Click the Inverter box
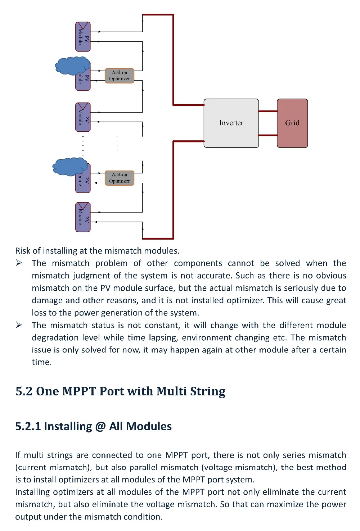pyautogui.click(x=231, y=123)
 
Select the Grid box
pyautogui.click(x=292, y=123)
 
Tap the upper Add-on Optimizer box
pyautogui.click(x=119, y=76)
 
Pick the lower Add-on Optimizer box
pyautogui.click(x=119, y=178)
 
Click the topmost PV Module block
pyautogui.click(x=83, y=37)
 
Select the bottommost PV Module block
pyautogui.click(x=83, y=217)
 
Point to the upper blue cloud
pyautogui.click(x=72, y=65)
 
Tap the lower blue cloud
pyautogui.click(x=70, y=167)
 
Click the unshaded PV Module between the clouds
pyautogui.click(x=83, y=117)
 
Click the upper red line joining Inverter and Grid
pyautogui.click(x=267, y=111)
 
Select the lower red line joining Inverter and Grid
pyautogui.click(x=267, y=135)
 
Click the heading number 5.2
pyautogui.click(x=24, y=391)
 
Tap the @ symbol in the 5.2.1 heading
pyautogui.click(x=100, y=426)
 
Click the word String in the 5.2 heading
pyautogui.click(x=208, y=391)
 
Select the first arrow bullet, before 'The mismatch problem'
pyautogui.click(x=19, y=263)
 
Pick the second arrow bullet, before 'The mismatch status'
pyautogui.click(x=19, y=325)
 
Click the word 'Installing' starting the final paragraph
pyautogui.click(x=32, y=492)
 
